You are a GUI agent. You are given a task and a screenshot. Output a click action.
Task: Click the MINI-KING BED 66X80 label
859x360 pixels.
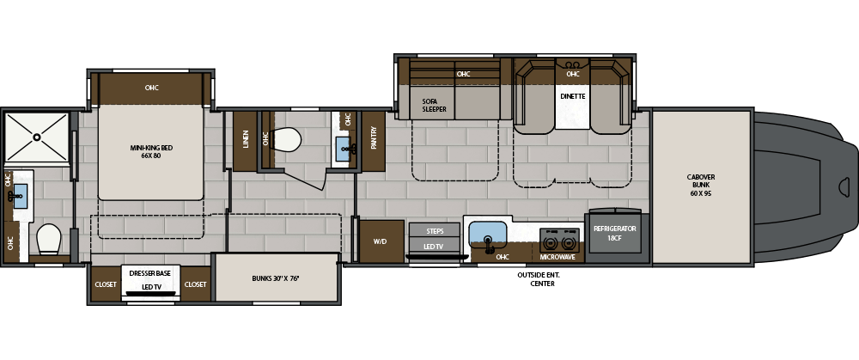point(145,151)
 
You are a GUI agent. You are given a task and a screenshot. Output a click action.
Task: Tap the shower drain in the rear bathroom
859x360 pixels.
point(37,137)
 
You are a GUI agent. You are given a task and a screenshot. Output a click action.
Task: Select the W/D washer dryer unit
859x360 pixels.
point(381,241)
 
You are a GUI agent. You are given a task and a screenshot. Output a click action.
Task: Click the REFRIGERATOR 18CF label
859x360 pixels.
point(615,233)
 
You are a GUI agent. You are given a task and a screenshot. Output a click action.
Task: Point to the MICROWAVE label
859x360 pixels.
point(557,257)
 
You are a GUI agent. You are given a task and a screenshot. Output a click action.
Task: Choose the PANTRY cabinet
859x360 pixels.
point(374,142)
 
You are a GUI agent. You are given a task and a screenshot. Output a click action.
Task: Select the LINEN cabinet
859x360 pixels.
point(245,142)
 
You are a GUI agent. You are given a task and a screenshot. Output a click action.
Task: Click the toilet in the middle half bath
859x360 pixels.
point(286,140)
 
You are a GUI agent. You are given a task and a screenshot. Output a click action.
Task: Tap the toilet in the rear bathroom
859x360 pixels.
point(49,239)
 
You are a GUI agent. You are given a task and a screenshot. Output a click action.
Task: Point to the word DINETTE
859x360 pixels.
point(572,96)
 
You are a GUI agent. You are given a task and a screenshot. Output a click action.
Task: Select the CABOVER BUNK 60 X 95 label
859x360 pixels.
point(701,186)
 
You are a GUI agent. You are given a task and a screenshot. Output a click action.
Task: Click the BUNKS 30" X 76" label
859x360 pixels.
point(276,278)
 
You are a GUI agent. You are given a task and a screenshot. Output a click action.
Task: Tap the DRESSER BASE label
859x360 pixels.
point(150,273)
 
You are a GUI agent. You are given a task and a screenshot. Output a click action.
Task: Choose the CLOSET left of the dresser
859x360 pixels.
point(106,284)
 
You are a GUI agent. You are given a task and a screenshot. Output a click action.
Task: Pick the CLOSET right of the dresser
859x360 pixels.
point(196,284)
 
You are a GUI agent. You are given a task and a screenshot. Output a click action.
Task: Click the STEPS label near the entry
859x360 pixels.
point(435,231)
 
